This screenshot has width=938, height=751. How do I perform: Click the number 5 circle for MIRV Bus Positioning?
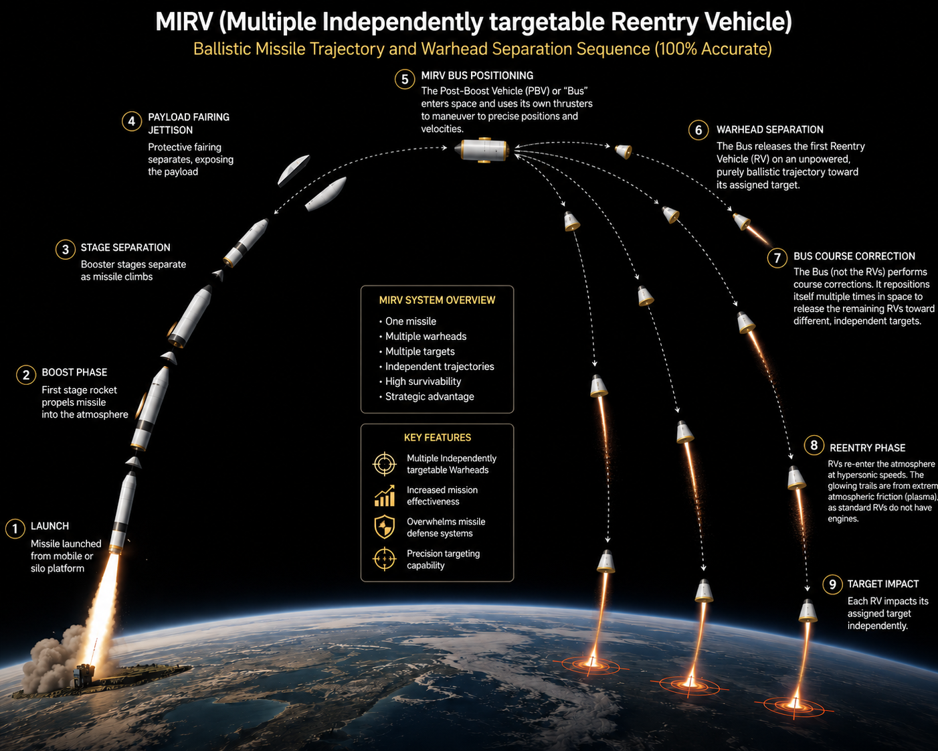coord(405,80)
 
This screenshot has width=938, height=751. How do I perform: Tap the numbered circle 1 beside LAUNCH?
coord(15,529)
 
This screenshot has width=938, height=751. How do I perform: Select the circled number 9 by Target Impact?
coord(832,584)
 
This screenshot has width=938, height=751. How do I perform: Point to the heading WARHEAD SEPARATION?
coord(770,130)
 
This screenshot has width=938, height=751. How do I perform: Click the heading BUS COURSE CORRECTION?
coord(854,256)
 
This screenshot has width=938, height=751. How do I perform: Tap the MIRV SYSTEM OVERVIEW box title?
coord(437,300)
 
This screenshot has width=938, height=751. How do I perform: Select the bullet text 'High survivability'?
coord(423,382)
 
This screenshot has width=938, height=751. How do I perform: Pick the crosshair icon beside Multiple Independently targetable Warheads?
coord(385,464)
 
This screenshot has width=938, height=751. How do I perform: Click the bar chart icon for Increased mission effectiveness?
coord(385,495)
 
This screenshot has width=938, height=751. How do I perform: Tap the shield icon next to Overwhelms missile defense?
coord(385,527)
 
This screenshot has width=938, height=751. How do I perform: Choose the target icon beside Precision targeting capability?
coord(385,559)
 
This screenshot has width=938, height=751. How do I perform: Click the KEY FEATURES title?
coord(437,438)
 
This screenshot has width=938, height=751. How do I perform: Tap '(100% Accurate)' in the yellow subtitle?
coord(713,49)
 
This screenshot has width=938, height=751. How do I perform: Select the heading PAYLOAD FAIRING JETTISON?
coord(188,123)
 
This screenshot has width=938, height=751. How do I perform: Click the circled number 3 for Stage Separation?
coord(66,250)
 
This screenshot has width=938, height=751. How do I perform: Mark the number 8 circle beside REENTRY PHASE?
coord(814,445)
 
